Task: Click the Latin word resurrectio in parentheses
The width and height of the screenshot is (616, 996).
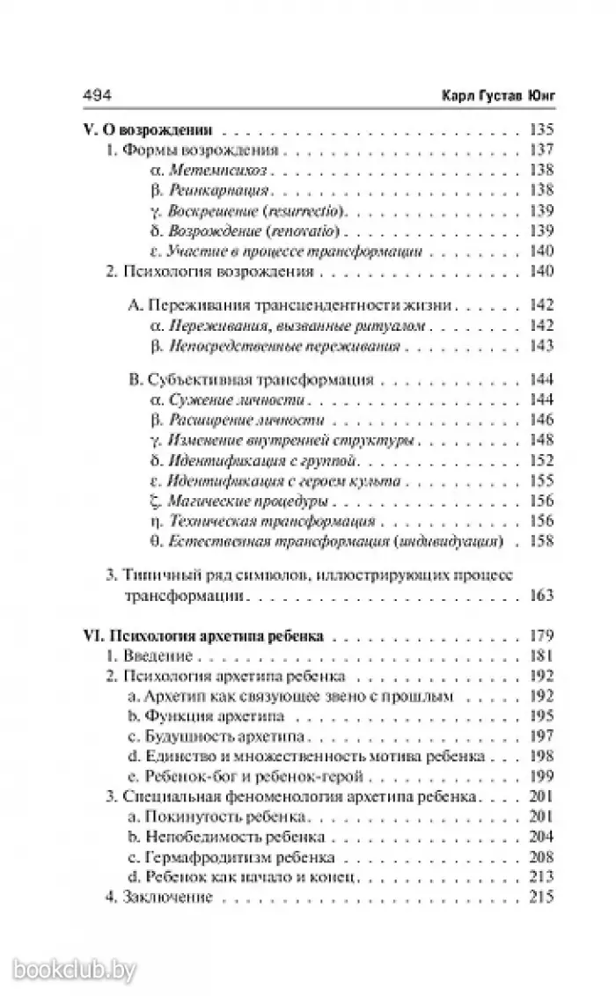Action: (309, 212)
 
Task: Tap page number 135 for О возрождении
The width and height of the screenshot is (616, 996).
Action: (539, 128)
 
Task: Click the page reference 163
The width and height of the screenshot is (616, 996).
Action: (539, 595)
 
